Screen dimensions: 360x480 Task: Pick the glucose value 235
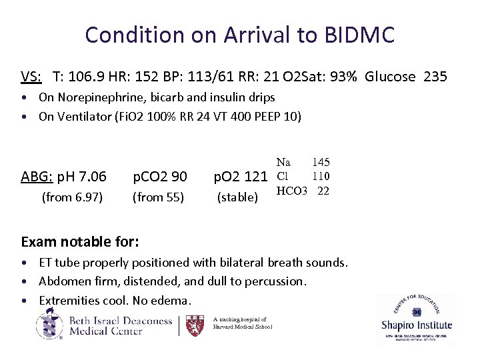(x=435, y=77)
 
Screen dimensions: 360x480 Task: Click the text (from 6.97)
(x=72, y=197)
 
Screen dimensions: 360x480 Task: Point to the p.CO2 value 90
(x=178, y=177)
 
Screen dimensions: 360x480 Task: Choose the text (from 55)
(x=159, y=197)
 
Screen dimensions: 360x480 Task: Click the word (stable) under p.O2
(x=238, y=197)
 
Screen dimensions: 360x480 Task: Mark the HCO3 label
(x=292, y=191)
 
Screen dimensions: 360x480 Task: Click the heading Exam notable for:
(x=80, y=240)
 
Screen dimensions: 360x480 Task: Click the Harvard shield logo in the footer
(x=194, y=325)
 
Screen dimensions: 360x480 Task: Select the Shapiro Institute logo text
(x=417, y=325)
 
